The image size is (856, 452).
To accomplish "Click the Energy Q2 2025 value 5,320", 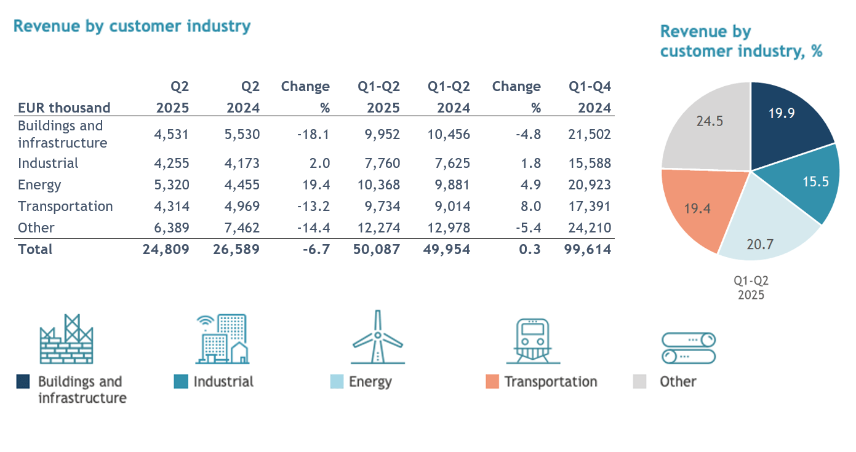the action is point(172,184).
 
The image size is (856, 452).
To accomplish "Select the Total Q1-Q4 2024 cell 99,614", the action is point(588,249).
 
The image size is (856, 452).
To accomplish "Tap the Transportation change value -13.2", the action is point(313,206).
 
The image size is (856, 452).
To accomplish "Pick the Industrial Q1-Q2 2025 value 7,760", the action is point(382,164).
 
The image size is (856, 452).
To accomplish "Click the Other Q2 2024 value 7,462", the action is point(242,228).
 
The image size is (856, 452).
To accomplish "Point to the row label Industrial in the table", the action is point(48,164).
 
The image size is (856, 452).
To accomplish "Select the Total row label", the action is point(35,249).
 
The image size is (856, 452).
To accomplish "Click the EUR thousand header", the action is point(64,108).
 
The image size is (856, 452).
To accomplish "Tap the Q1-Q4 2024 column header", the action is point(590,97).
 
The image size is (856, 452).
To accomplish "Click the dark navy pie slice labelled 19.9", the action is point(787,122).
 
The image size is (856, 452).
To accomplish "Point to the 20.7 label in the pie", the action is point(760,244).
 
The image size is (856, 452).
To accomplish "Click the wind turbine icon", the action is point(378,337).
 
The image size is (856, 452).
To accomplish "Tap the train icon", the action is point(533,341).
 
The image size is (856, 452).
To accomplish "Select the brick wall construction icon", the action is point(66,339).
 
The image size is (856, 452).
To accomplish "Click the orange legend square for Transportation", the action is point(492,381).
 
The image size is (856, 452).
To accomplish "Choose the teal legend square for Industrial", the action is point(181,381).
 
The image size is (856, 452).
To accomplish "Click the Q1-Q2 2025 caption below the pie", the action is point(751,288).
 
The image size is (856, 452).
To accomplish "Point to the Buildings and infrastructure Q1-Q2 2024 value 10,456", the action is point(449,135).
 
